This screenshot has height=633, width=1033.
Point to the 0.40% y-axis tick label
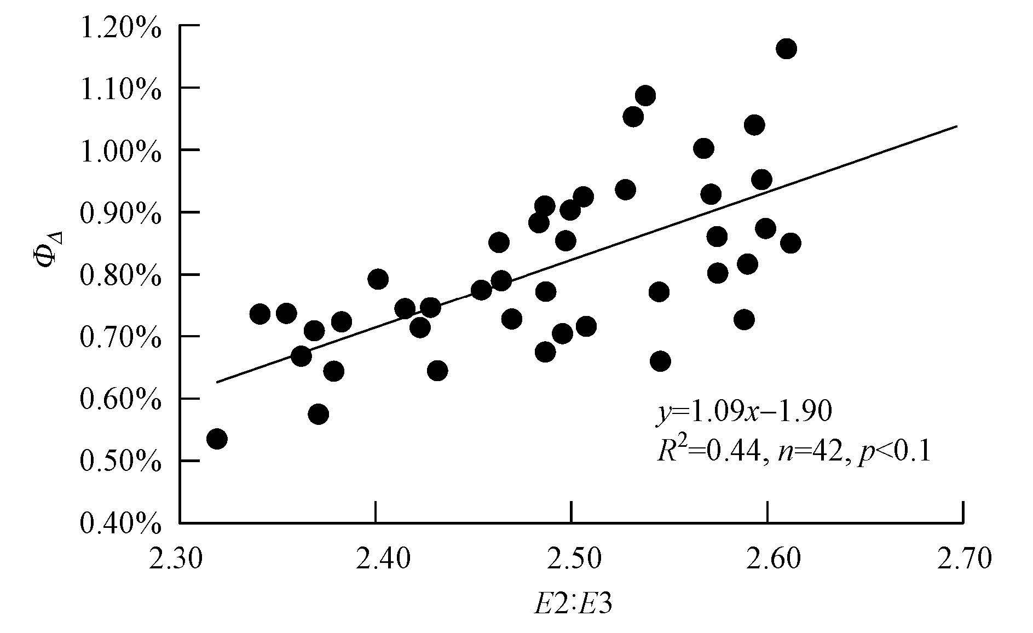[x=121, y=523]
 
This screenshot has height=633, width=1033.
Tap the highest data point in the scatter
[x=786, y=49]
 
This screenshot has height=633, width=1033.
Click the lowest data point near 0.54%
[x=217, y=439]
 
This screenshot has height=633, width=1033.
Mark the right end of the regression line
[x=957, y=126]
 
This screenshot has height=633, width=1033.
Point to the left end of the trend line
[x=216, y=382]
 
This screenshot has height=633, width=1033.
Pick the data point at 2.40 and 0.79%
[x=378, y=279]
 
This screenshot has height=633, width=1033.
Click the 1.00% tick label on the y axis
[x=121, y=150]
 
